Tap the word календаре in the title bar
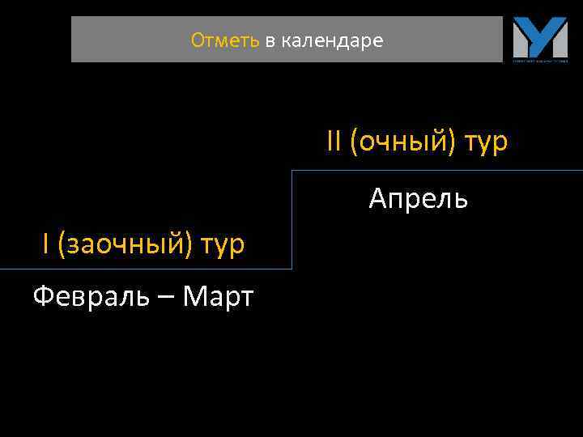(332, 40)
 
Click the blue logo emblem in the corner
(540, 37)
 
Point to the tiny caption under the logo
(540, 60)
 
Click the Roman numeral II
(334, 142)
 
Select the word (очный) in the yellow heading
(403, 142)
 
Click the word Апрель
(418, 198)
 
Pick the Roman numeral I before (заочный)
(46, 243)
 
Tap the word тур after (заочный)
(223, 244)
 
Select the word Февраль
(91, 297)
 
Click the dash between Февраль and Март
(165, 298)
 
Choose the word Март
(218, 297)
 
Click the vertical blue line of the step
(291, 218)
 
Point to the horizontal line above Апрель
(437, 171)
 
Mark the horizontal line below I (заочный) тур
(146, 269)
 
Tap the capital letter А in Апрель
(378, 197)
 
